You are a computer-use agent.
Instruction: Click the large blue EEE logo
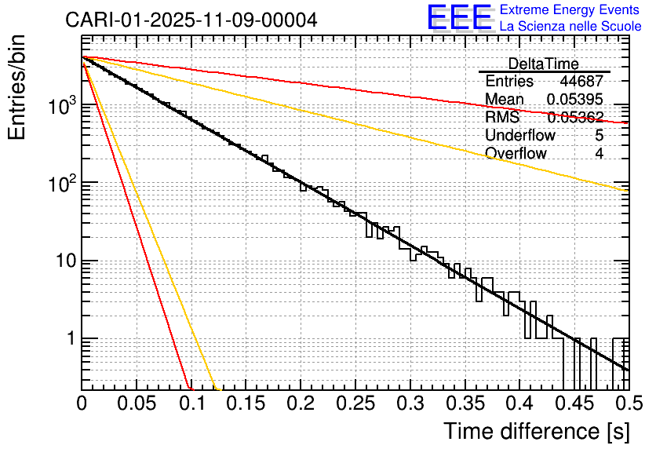point(459,17)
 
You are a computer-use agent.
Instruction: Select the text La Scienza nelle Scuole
point(570,26)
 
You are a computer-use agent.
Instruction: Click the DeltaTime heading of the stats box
point(543,64)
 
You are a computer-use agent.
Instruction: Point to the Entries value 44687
point(581,82)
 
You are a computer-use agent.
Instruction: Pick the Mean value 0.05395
point(575,100)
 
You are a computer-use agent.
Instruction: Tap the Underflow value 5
point(599,135)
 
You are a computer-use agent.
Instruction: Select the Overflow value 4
point(599,153)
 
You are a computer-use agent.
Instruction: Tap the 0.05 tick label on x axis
point(137,403)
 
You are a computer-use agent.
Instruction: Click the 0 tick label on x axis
point(82,403)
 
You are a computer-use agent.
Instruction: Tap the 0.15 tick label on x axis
point(246,403)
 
